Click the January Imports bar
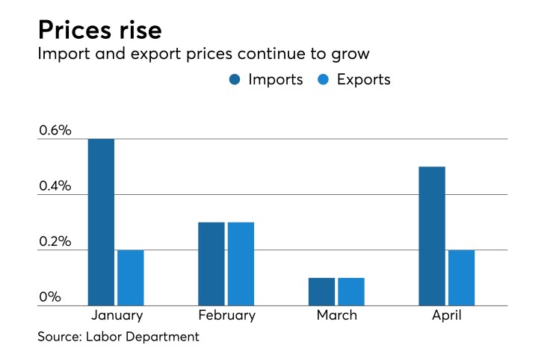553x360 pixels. pos(101,222)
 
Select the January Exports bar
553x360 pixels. pos(130,278)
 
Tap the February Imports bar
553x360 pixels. pos(211,264)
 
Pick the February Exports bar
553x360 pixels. pos(241,264)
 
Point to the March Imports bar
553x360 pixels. pos(321,291)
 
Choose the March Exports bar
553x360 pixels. pos(350,291)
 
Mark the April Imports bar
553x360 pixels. pos(432,236)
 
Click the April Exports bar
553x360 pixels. pos(461,278)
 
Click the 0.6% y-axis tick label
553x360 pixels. pos(55,131)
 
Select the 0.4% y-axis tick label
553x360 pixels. pos(55,186)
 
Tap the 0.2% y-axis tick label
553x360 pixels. pos(55,242)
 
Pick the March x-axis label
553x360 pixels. pos(336,315)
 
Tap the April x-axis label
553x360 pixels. pos(446,315)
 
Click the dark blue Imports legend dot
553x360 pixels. pos(235,80)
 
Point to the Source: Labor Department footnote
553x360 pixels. pos(119,337)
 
